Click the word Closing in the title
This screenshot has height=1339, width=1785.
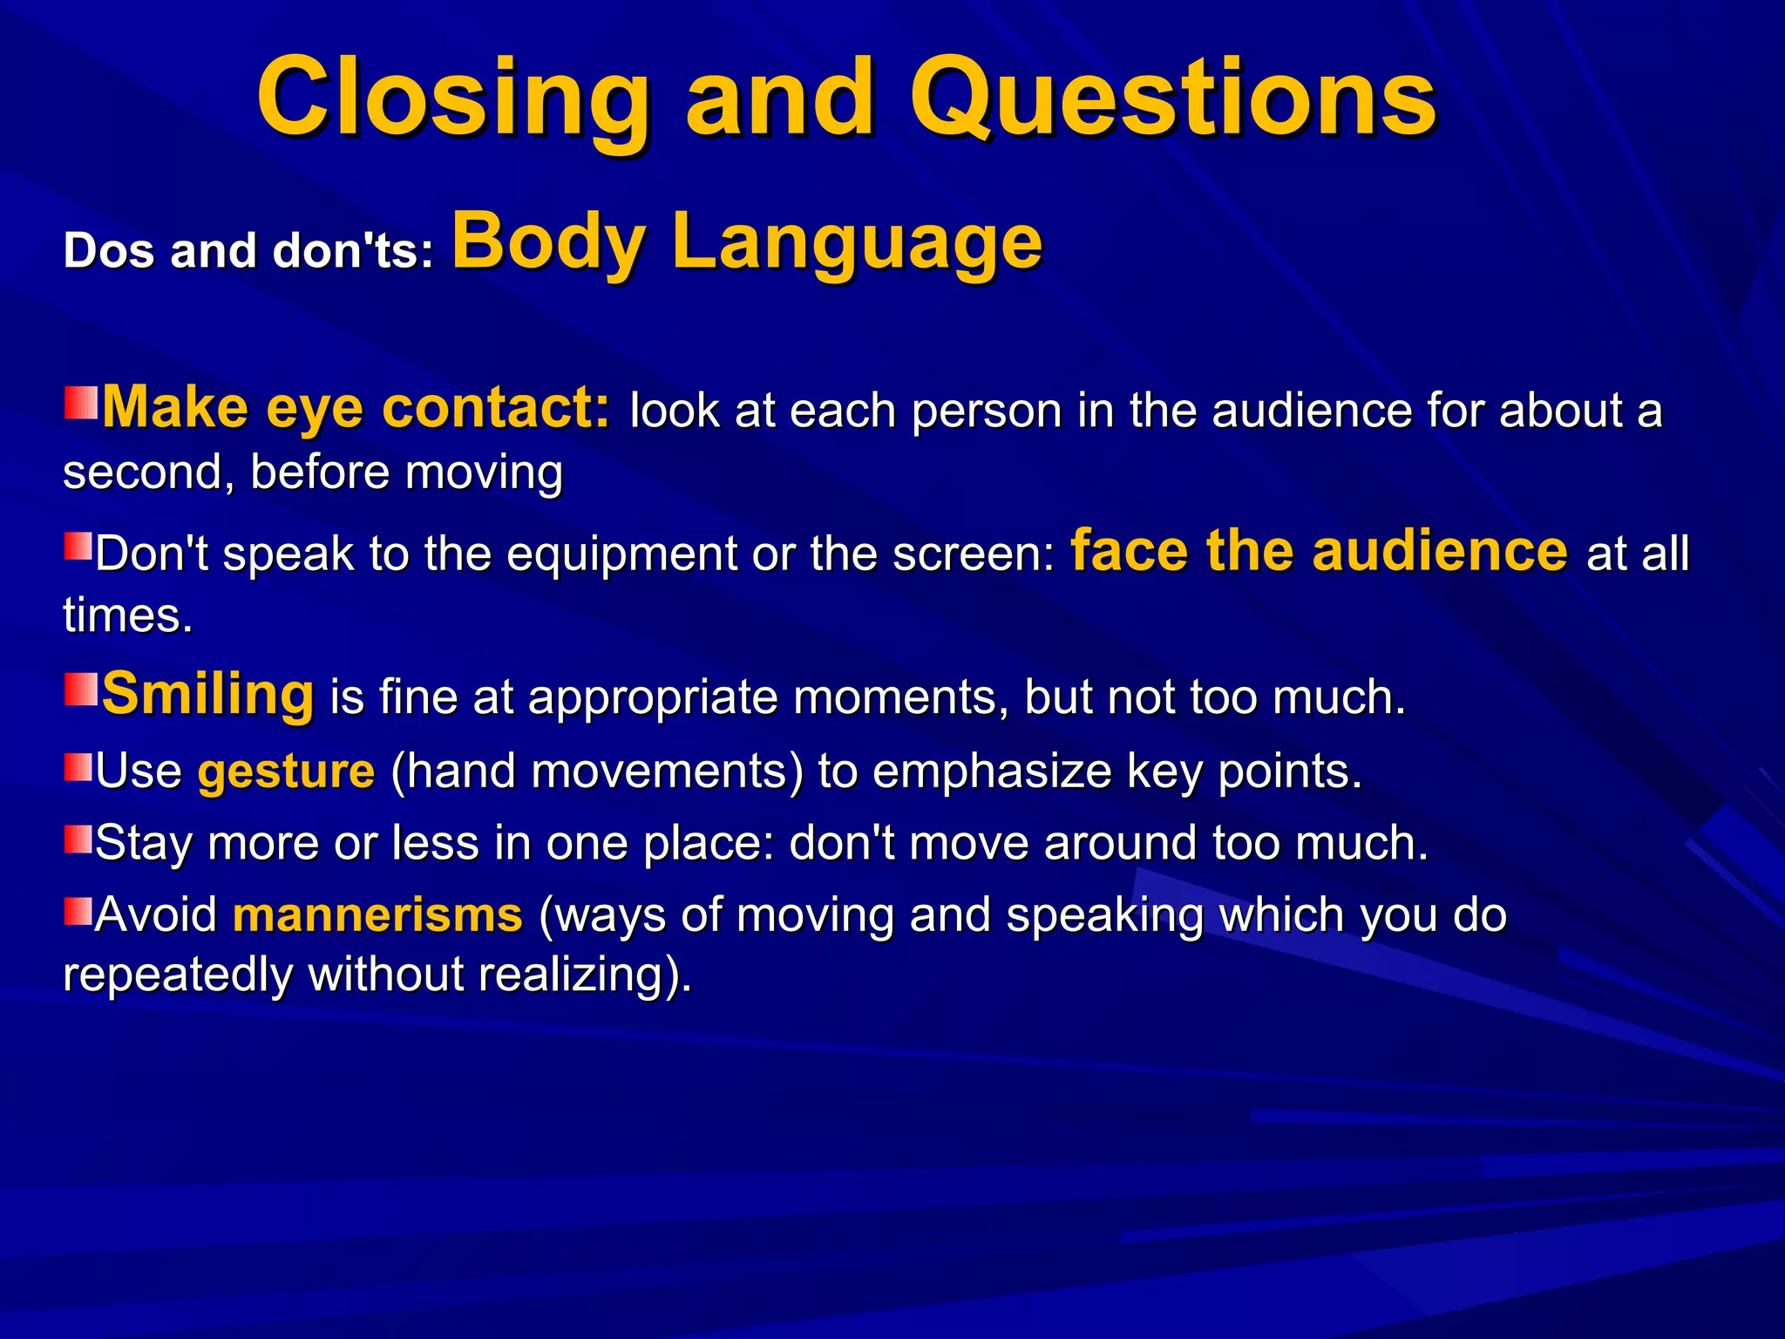click(x=453, y=98)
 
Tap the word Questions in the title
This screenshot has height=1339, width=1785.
click(x=1172, y=98)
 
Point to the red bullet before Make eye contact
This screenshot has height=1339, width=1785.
click(x=81, y=403)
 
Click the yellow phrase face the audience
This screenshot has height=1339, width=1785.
click(x=1318, y=551)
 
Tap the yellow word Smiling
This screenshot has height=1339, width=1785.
click(x=207, y=694)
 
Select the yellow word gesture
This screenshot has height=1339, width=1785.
click(x=286, y=771)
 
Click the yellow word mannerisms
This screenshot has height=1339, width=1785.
click(x=377, y=914)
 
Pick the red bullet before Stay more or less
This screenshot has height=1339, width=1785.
click(x=78, y=839)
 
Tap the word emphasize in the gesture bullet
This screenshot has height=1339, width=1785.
click(x=991, y=771)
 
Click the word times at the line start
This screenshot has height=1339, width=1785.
click(x=127, y=615)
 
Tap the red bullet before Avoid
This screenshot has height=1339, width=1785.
click(x=78, y=911)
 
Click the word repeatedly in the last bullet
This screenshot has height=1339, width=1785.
click(x=177, y=975)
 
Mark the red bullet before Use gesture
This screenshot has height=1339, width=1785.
click(x=78, y=767)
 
